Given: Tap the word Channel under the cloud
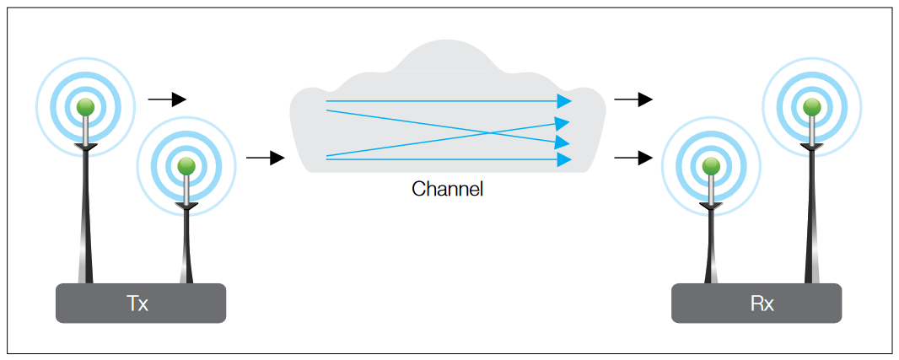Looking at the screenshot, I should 447,189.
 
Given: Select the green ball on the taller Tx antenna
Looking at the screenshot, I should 85,107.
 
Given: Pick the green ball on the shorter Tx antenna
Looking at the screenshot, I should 186,165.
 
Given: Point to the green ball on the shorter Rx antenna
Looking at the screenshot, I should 711,165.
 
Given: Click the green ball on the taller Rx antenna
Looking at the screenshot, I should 811,107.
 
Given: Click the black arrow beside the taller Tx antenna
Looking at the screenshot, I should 167,99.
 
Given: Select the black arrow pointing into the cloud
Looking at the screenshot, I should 265,158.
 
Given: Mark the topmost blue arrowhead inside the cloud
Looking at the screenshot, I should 564,101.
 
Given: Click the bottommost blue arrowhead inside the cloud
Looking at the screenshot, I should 564,159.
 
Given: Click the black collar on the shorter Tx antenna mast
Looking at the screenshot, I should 186,206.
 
